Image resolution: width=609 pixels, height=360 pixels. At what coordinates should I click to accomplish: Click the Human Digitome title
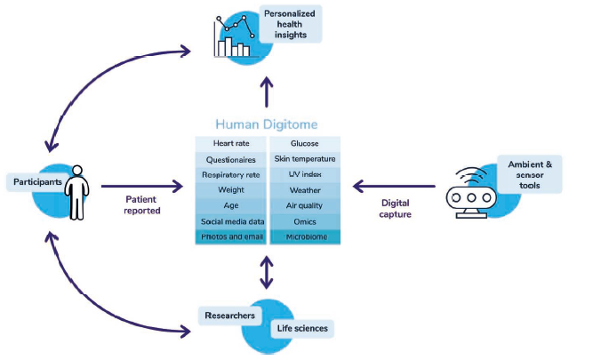click(x=267, y=124)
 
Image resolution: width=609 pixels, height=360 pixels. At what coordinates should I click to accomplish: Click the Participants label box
click(x=36, y=182)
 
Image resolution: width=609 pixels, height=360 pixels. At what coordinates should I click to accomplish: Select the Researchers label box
click(x=230, y=316)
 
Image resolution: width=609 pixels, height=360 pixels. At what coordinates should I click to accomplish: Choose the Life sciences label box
click(x=300, y=329)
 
